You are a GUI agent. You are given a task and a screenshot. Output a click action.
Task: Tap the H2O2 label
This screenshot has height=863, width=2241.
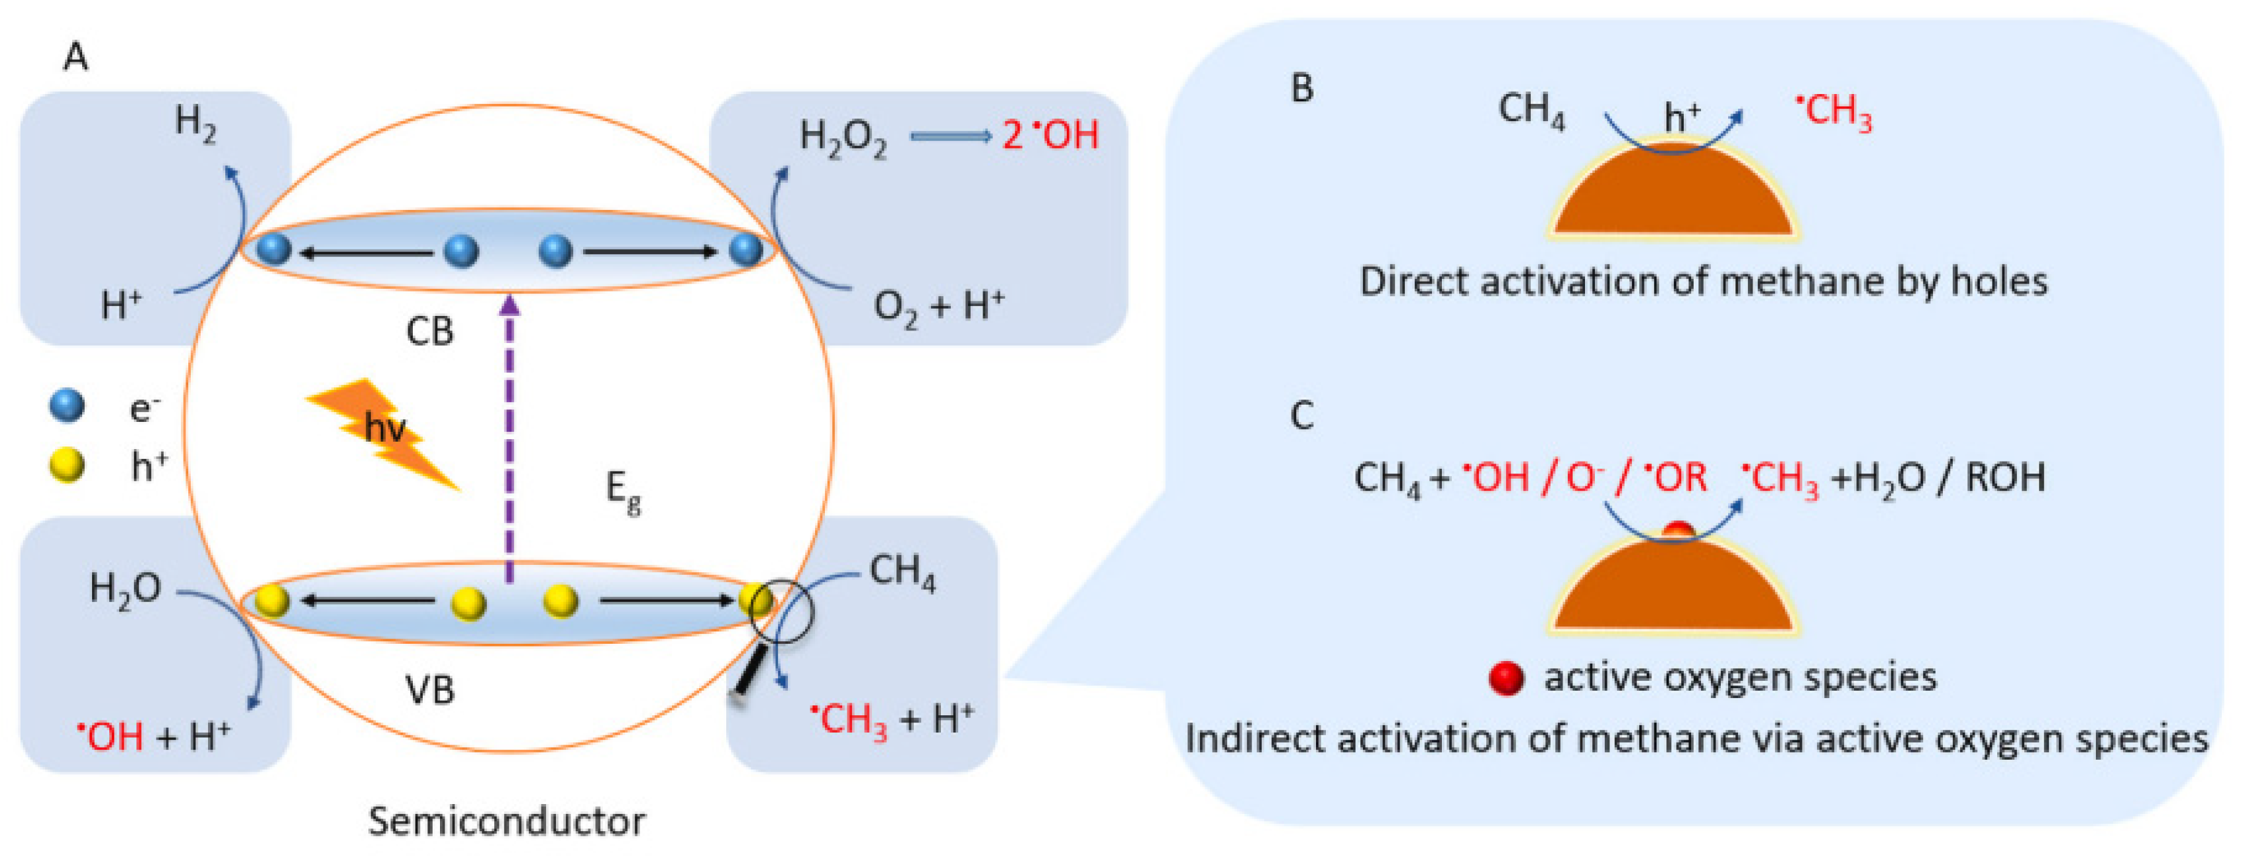click(x=842, y=138)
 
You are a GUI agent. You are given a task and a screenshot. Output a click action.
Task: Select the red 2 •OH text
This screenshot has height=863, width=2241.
click(x=1050, y=136)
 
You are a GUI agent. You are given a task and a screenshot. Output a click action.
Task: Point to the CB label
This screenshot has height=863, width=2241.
click(x=430, y=331)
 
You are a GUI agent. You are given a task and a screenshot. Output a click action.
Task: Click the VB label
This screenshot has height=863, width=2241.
click(x=430, y=690)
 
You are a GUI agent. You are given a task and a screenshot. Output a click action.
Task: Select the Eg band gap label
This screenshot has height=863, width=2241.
click(x=623, y=493)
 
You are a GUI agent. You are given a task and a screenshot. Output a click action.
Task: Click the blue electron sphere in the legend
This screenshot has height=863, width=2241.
click(x=67, y=405)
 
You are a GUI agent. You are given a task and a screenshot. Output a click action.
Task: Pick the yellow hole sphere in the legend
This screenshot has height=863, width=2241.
click(x=67, y=466)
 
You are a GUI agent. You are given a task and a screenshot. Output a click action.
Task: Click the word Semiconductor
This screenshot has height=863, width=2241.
click(x=506, y=821)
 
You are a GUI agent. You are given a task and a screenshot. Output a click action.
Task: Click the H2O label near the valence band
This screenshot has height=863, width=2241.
click(x=125, y=589)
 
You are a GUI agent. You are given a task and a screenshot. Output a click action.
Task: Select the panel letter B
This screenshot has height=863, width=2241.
click(x=1301, y=89)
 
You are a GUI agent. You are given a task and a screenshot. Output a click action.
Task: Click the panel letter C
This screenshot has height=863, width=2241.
click(x=1301, y=416)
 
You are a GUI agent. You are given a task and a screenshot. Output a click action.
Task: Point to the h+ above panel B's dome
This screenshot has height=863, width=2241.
click(x=1680, y=117)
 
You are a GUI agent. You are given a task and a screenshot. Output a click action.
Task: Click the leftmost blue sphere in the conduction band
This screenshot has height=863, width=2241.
click(x=275, y=250)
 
